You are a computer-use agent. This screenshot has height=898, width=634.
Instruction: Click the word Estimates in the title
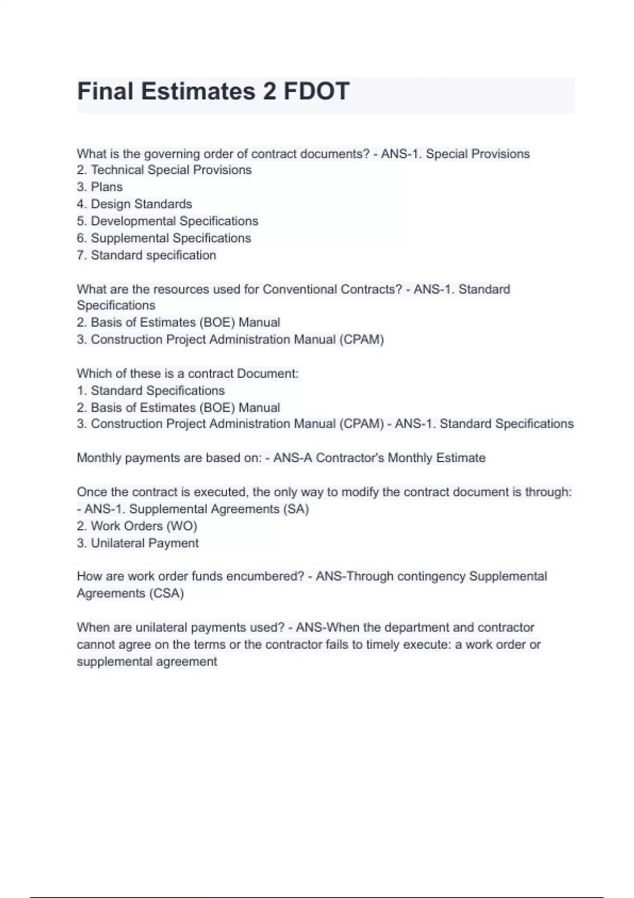tap(198, 91)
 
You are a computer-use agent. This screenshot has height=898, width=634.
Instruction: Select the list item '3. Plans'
tap(99, 187)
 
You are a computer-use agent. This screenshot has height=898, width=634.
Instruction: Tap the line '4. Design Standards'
tap(134, 204)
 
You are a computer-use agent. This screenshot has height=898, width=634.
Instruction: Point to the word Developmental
tap(132, 221)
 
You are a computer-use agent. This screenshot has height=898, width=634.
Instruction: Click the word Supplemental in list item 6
tap(129, 238)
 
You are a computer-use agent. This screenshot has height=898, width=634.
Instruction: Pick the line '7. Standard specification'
tap(146, 255)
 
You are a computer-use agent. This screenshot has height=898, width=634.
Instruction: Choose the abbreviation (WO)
tap(182, 526)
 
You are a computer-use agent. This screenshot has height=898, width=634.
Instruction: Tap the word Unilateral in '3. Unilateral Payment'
tap(117, 543)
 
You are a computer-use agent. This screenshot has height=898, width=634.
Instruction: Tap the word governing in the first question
tap(172, 154)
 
